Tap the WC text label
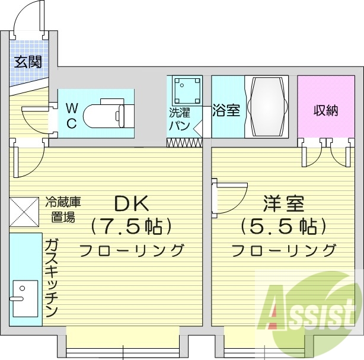tap(71, 115)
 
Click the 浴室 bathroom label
tap(226, 110)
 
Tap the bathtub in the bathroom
tap(266, 106)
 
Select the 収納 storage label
tap(325, 110)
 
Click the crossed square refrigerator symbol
tap(24, 211)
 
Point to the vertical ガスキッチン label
tap(52, 276)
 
